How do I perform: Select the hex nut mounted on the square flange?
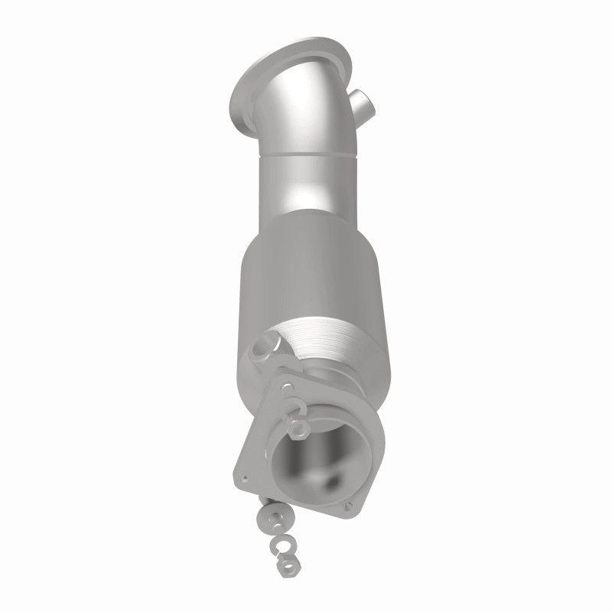301,422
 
